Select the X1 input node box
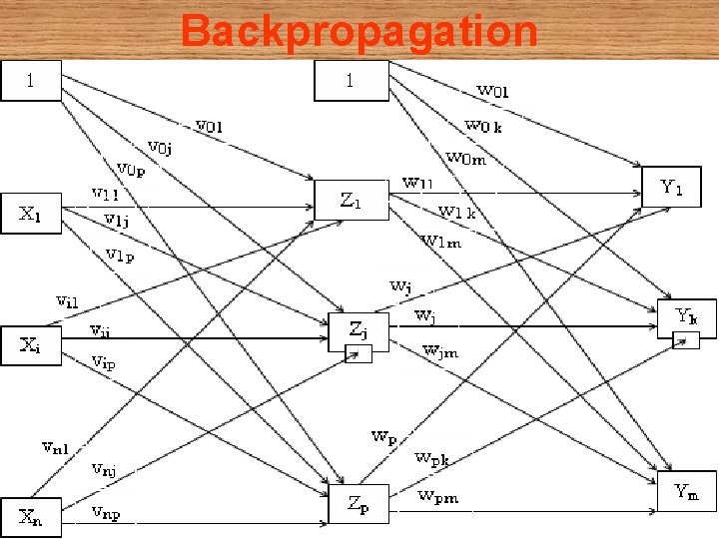[30, 214]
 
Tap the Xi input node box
[30, 345]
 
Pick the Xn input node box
[30, 516]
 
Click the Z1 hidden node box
[351, 200]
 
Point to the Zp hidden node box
[359, 504]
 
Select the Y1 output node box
[671, 187]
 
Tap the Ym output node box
[686, 490]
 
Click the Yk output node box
[686, 317]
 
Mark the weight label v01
[209, 126]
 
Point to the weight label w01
[492, 91]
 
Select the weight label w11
[417, 183]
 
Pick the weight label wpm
[438, 496]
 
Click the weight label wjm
[440, 349]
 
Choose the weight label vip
[104, 362]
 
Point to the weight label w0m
[465, 158]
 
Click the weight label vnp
[106, 513]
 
